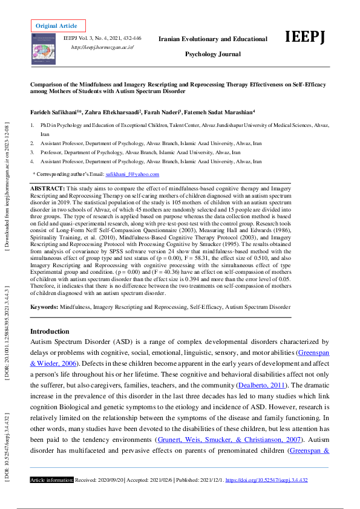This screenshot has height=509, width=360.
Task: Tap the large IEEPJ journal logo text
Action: click(306, 37)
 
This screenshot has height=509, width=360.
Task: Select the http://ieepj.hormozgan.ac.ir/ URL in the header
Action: click(102, 47)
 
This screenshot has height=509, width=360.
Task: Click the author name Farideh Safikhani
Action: click(56, 112)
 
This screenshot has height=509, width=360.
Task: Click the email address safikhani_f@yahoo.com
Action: click(133, 174)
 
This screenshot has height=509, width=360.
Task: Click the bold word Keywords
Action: click(44, 307)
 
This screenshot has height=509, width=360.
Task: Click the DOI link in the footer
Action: click(267, 480)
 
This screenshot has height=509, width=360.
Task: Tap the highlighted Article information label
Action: click(52, 480)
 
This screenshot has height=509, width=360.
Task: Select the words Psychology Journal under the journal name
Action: click(212, 54)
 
